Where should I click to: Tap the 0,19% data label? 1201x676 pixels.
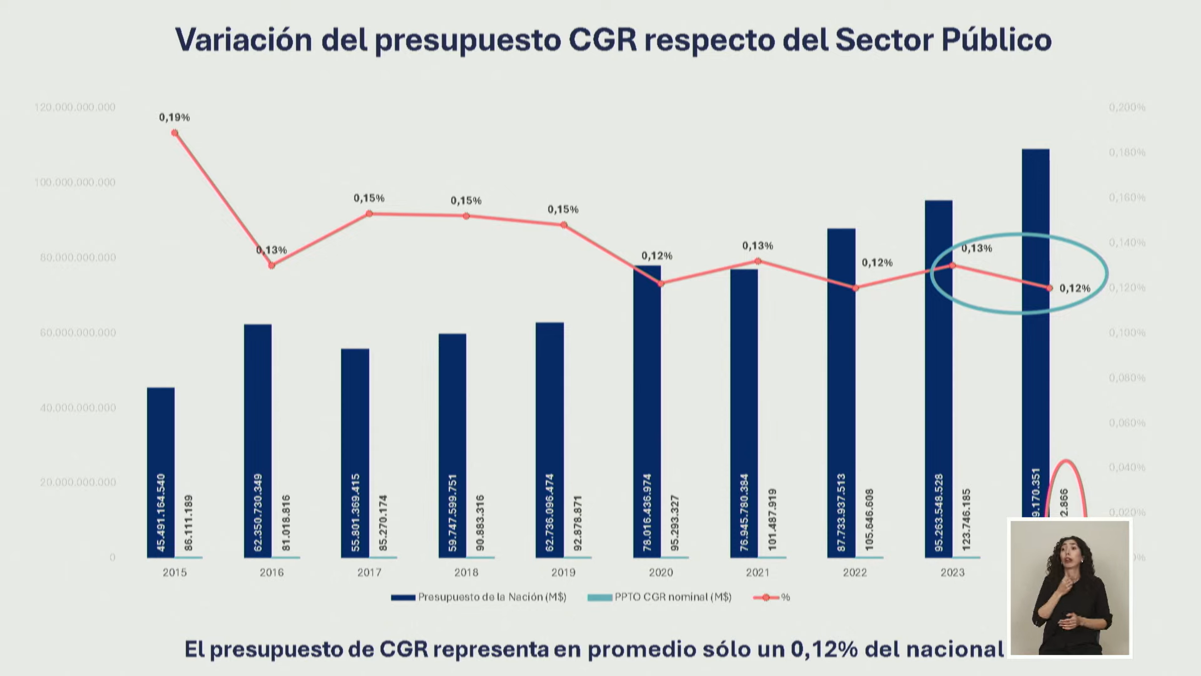click(x=174, y=117)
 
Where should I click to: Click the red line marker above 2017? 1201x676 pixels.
click(x=369, y=214)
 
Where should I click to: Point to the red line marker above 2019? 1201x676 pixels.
click(x=564, y=225)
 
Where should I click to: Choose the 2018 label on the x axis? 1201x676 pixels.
click(x=466, y=572)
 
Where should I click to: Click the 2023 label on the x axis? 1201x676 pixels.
click(x=953, y=572)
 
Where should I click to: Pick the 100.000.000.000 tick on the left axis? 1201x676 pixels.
click(x=74, y=183)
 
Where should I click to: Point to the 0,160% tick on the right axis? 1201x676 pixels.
click(x=1127, y=197)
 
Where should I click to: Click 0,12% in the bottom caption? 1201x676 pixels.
click(x=824, y=649)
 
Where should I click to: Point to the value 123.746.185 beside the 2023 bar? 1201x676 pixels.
click(x=966, y=519)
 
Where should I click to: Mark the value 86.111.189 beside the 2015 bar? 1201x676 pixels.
click(x=189, y=523)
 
